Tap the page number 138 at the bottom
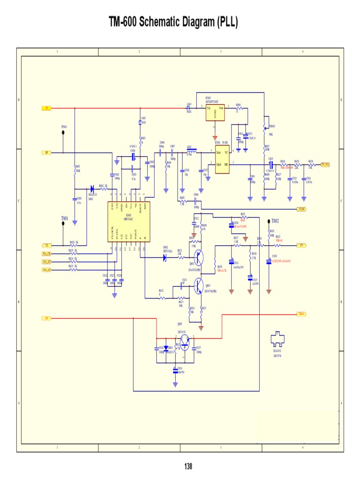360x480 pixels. click(x=188, y=466)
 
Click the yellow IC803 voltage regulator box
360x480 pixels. click(x=216, y=112)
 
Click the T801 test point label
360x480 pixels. click(x=65, y=219)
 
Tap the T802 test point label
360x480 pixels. click(x=275, y=220)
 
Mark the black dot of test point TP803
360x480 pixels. click(x=64, y=133)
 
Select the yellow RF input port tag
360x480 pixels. click(x=47, y=153)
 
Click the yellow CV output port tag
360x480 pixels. click(x=302, y=245)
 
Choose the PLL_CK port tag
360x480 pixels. click(x=47, y=254)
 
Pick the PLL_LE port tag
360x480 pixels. click(x=47, y=270)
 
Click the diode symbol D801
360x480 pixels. click(x=92, y=189)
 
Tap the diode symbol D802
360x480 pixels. click(x=165, y=257)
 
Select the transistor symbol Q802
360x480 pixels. click(x=200, y=257)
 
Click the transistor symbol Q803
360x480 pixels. click(x=200, y=285)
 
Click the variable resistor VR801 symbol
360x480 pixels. click(x=265, y=126)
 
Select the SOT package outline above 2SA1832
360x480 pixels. click(x=277, y=341)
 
